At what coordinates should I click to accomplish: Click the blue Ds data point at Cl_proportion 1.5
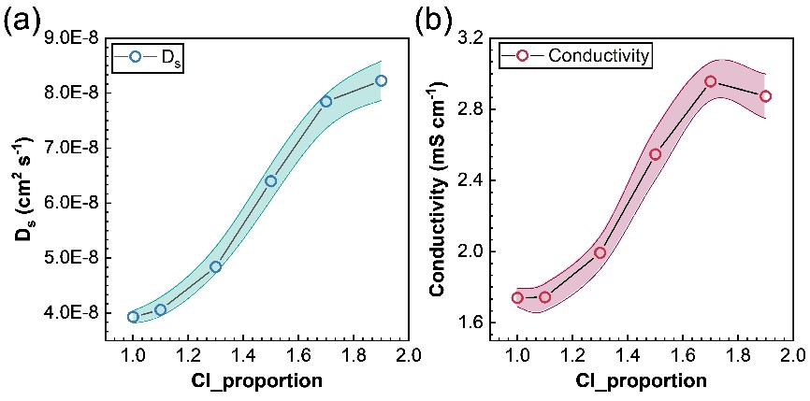(270, 181)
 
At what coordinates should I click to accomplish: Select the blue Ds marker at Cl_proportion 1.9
(381, 80)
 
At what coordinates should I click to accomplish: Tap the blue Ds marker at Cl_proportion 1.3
(215, 266)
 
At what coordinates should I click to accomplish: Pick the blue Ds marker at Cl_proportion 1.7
(325, 101)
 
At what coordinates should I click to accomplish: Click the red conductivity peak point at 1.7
(710, 81)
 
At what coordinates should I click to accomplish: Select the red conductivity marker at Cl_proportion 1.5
(655, 154)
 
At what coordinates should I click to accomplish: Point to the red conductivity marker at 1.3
(600, 252)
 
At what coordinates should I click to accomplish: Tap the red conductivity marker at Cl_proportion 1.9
(765, 96)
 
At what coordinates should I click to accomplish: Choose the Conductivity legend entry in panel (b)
(575, 56)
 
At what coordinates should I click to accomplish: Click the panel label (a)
(21, 20)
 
